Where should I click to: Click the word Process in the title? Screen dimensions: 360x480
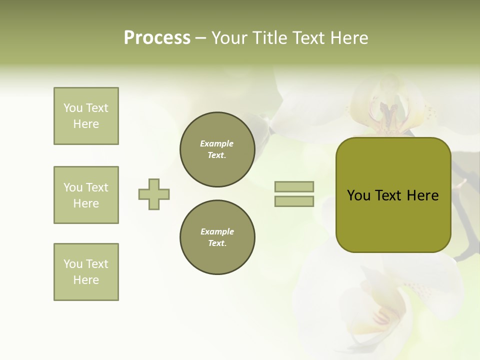(157, 38)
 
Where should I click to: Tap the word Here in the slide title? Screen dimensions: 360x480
(348, 38)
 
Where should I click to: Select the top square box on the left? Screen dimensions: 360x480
(86, 116)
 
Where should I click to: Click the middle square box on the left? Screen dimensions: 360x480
(86, 195)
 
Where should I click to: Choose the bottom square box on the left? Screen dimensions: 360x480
(86, 272)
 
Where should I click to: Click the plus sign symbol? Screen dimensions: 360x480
(154, 194)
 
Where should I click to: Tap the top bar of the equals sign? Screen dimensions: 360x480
(294, 186)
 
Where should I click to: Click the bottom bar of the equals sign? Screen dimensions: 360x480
(294, 201)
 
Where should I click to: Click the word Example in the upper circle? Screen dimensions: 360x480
(217, 143)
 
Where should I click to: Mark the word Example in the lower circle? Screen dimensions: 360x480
(217, 231)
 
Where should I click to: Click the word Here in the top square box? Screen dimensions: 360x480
(86, 124)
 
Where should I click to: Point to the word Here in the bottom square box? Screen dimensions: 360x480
(86, 280)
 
